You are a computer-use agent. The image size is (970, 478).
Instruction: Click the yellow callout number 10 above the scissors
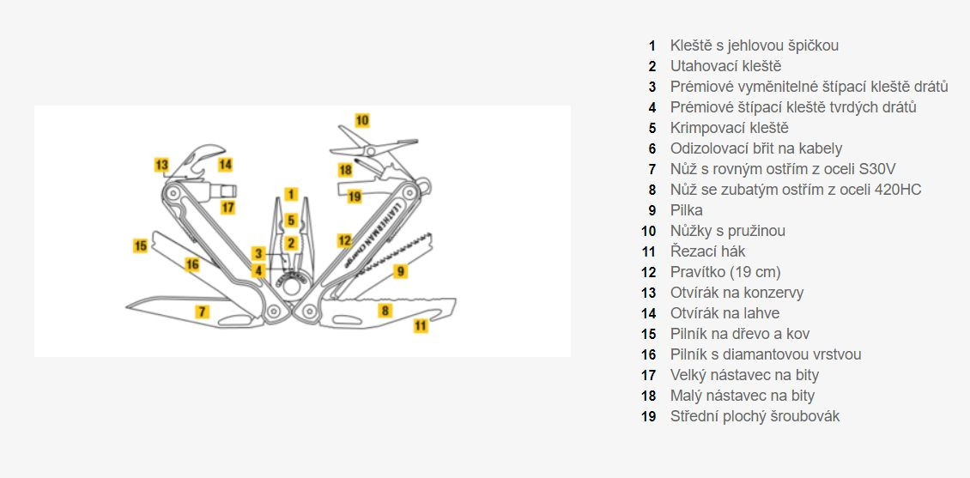pyautogui.click(x=361, y=120)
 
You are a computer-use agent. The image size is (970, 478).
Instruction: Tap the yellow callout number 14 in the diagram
pyautogui.click(x=225, y=164)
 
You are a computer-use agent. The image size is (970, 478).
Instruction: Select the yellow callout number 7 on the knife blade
pyautogui.click(x=202, y=312)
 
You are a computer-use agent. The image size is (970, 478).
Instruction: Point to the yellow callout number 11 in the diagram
pyautogui.click(x=421, y=325)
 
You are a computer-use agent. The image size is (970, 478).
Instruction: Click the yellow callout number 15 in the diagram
pyautogui.click(x=141, y=245)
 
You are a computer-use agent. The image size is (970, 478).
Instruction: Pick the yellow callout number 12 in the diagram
pyautogui.click(x=344, y=240)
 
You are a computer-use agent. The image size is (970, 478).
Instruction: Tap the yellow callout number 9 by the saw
pyautogui.click(x=400, y=271)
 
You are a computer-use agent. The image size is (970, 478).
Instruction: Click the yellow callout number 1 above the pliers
pyautogui.click(x=291, y=194)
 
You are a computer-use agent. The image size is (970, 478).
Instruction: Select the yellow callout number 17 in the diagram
pyautogui.click(x=227, y=207)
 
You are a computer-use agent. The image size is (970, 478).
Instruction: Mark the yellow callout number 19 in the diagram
pyautogui.click(x=355, y=196)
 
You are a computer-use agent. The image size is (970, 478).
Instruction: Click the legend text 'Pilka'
pyautogui.click(x=687, y=210)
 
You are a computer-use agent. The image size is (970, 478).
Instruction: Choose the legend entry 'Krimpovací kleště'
pyautogui.click(x=729, y=128)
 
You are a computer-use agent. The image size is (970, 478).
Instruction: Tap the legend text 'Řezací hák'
pyautogui.click(x=707, y=251)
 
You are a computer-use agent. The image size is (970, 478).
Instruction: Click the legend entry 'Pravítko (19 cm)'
pyautogui.click(x=725, y=272)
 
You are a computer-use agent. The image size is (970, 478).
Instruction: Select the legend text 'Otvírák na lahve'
pyautogui.click(x=724, y=313)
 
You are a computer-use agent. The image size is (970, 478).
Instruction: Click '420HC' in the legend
pyautogui.click(x=895, y=190)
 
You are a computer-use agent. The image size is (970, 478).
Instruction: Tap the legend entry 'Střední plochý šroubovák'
pyautogui.click(x=755, y=416)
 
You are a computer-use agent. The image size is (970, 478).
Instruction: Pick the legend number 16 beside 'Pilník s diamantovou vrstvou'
pyautogui.click(x=649, y=354)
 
